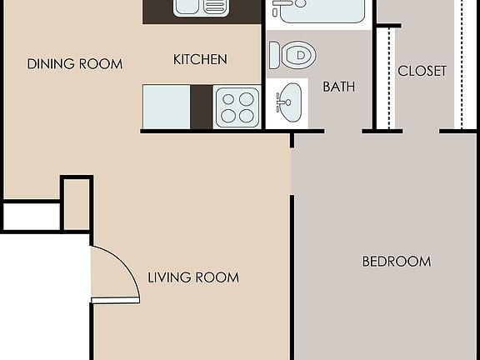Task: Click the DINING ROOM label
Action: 74,64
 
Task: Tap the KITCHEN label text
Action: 200,59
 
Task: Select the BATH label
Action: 339,86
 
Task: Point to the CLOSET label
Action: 422,71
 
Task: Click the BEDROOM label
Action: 396,262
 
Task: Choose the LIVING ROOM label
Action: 193,277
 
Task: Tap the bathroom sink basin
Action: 289,102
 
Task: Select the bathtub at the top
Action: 321,11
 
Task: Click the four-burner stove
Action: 237,107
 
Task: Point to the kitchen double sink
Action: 201,7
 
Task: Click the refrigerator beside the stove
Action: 167,107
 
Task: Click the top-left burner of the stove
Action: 227,98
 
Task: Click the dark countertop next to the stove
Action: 202,107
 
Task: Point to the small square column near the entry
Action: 77,202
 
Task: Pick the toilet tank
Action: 274,56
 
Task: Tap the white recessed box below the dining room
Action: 31,217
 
